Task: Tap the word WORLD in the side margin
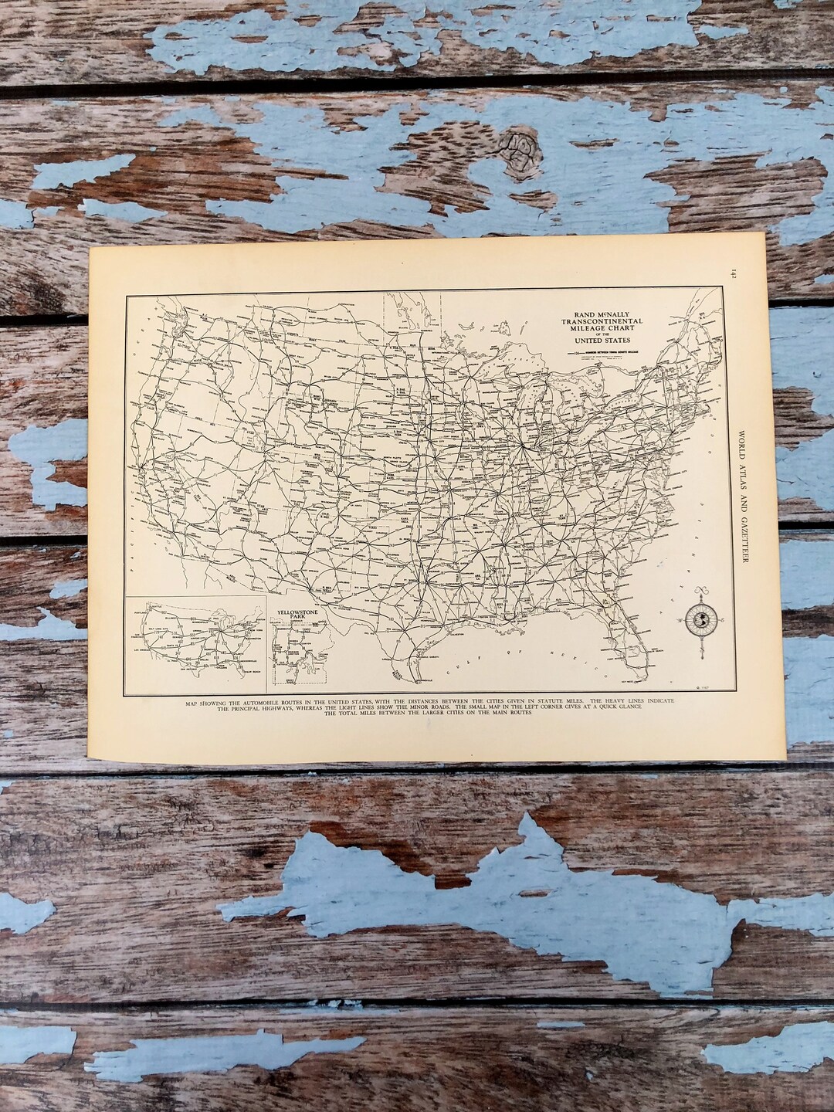pyautogui.click(x=742, y=441)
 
